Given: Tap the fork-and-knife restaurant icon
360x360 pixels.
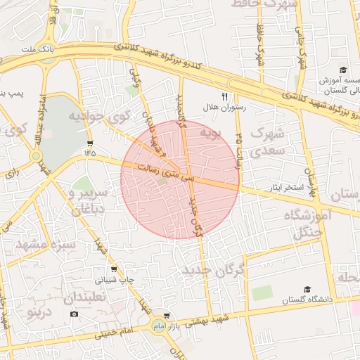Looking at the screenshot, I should pyautogui.click(x=225, y=97).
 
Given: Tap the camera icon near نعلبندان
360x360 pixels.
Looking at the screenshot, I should pyautogui.click(x=75, y=314).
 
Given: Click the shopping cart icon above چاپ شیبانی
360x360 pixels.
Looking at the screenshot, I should pyautogui.click(x=115, y=269).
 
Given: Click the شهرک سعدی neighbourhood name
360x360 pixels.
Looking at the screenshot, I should pyautogui.click(x=266, y=141).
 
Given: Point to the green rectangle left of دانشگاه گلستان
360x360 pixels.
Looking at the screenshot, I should pyautogui.click(x=262, y=292).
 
